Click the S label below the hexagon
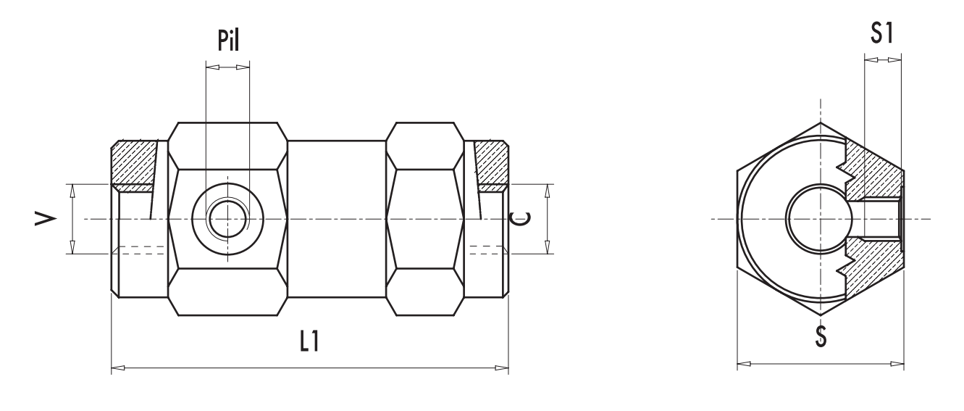click(821, 337)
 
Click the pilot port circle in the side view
click(227, 218)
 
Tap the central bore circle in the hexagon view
click(815, 218)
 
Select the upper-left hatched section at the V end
click(132, 162)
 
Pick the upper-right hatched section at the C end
click(493, 162)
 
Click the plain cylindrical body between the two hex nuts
click(337, 218)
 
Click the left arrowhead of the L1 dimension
click(118, 368)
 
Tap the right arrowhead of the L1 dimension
click(501, 368)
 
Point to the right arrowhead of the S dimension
click(897, 364)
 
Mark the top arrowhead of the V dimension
click(72, 191)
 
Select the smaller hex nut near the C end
click(425, 218)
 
